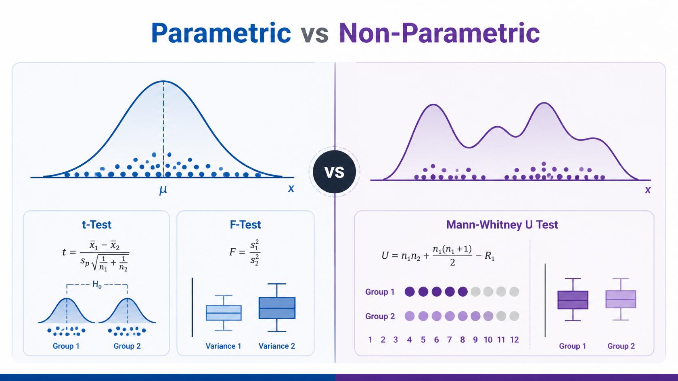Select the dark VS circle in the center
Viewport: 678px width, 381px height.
point(335,172)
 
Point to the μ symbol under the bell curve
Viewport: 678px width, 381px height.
point(163,190)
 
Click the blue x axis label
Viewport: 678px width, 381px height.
point(291,188)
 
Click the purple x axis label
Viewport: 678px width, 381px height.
point(648,190)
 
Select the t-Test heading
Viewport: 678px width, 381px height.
point(96,224)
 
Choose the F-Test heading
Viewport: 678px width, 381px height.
point(245,224)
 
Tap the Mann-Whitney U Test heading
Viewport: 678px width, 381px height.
point(502,224)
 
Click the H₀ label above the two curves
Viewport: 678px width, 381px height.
point(97,285)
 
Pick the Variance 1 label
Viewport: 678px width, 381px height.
point(224,346)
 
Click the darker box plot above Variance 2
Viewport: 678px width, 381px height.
point(277,308)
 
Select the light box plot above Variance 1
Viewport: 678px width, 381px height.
point(224,313)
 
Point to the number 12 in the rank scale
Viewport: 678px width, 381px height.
point(515,340)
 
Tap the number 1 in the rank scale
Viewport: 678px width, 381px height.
point(370,340)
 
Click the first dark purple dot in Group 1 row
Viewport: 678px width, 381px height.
point(410,292)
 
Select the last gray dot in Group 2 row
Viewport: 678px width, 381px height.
point(514,316)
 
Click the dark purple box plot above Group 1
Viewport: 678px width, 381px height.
point(573,299)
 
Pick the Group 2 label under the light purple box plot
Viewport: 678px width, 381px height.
point(621,346)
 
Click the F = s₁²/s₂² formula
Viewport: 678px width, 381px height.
point(245,253)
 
